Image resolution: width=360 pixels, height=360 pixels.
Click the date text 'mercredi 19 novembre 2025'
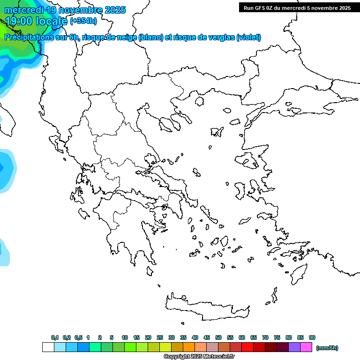65,10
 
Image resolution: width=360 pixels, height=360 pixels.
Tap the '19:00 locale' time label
36,21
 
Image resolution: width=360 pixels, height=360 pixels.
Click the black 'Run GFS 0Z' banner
297,7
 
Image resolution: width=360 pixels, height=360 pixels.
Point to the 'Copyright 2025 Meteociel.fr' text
199,356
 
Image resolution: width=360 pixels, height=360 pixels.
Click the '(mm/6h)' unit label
327,348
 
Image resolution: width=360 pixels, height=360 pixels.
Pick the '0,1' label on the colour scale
55,337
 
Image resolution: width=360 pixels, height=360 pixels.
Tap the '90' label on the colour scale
312,337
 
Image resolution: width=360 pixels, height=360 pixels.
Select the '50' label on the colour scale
218,337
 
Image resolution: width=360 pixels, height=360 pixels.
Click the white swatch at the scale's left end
48,347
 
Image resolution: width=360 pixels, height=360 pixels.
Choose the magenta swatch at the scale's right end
306,347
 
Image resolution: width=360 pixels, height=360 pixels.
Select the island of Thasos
199,101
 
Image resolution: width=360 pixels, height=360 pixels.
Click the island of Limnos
217,132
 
